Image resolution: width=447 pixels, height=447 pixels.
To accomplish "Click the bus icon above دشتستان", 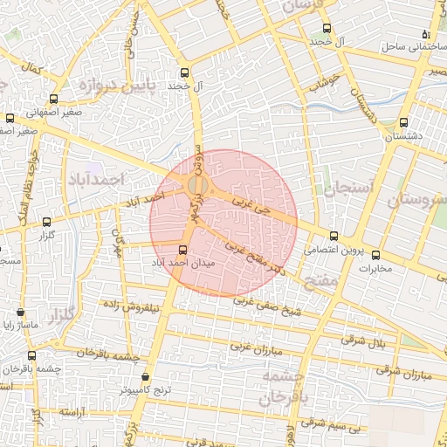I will [x=402, y=123].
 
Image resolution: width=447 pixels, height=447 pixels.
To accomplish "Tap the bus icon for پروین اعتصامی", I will [x=334, y=236].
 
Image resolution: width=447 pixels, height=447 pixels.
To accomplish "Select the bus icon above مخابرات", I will [x=376, y=255].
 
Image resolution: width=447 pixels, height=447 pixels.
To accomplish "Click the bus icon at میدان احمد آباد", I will [x=182, y=250].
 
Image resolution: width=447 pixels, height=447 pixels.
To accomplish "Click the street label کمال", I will [x=35, y=67].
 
